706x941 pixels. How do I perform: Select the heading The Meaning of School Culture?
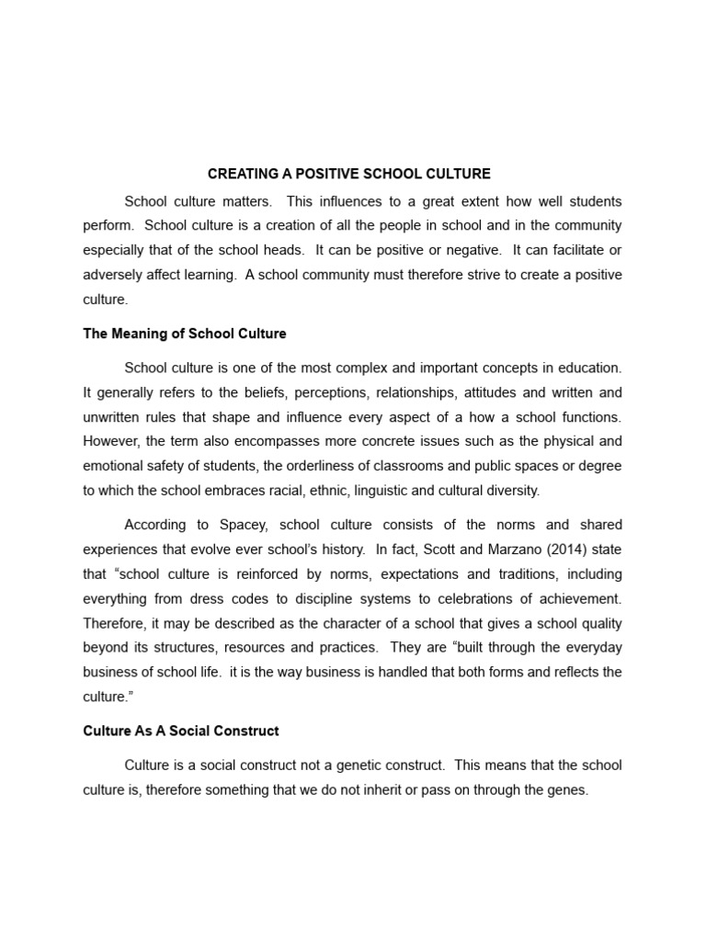tap(185, 334)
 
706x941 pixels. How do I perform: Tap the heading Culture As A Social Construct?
tap(181, 731)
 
